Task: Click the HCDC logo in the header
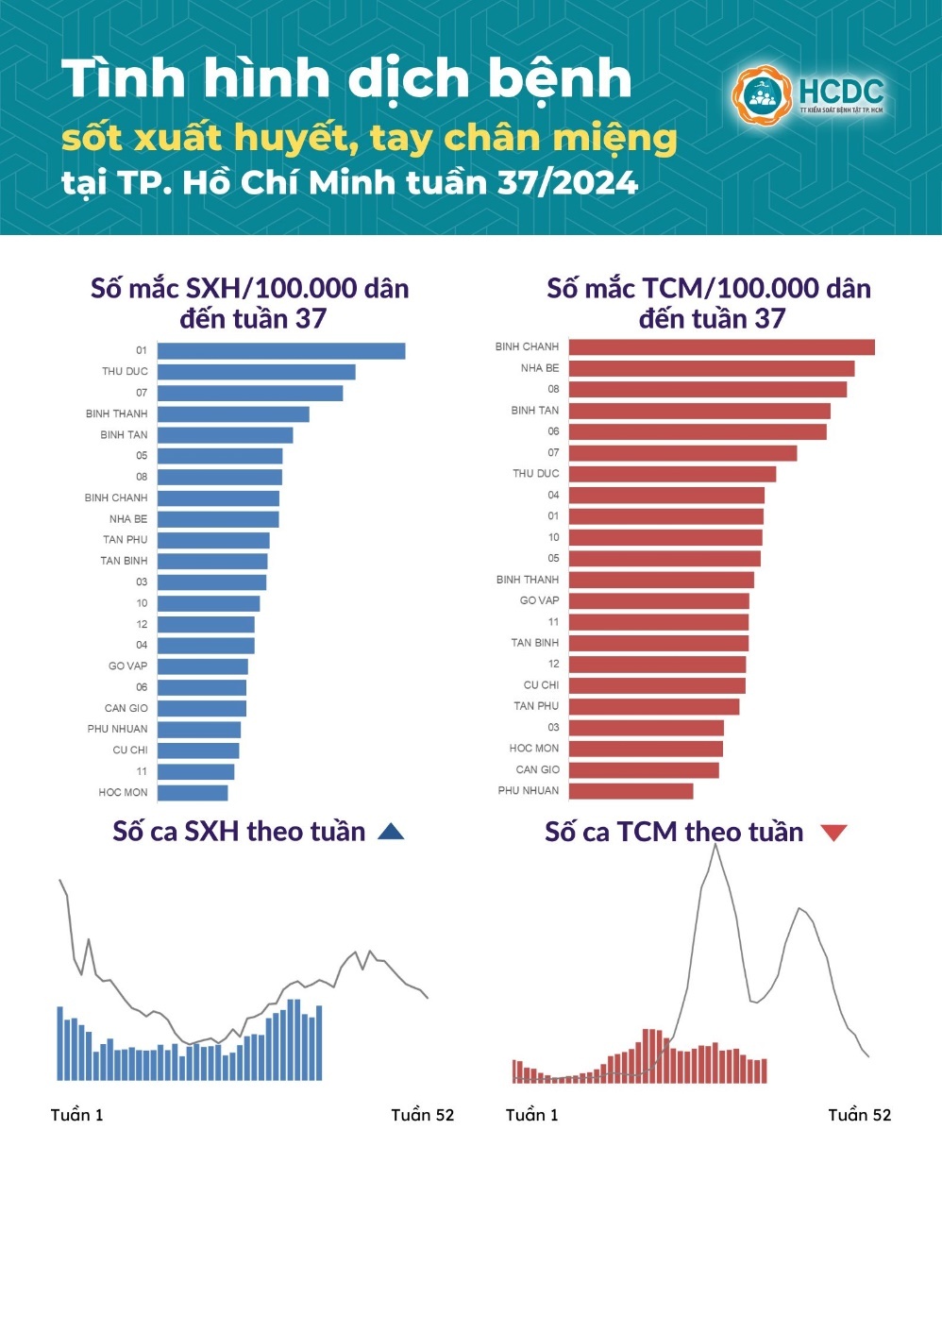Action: [x=808, y=95]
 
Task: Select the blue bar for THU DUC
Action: [x=256, y=372]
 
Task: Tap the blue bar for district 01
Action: [x=281, y=351]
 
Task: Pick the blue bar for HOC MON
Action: [x=193, y=793]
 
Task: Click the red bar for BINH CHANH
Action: [x=721, y=347]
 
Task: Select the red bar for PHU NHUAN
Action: [x=631, y=791]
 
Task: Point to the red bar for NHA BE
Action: [x=711, y=368]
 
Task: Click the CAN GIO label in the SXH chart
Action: [x=126, y=708]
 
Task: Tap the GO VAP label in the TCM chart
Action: [x=539, y=600]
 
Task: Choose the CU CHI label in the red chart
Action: [x=541, y=685]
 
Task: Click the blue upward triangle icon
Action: [x=391, y=832]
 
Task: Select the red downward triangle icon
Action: [x=833, y=833]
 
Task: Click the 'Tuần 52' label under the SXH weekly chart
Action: [x=423, y=1115]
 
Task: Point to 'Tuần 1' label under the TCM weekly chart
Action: [x=532, y=1115]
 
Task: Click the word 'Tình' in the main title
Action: [x=121, y=79]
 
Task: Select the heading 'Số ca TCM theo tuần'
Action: [x=674, y=832]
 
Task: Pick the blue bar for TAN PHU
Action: [x=213, y=541]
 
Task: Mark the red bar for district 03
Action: [x=646, y=728]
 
